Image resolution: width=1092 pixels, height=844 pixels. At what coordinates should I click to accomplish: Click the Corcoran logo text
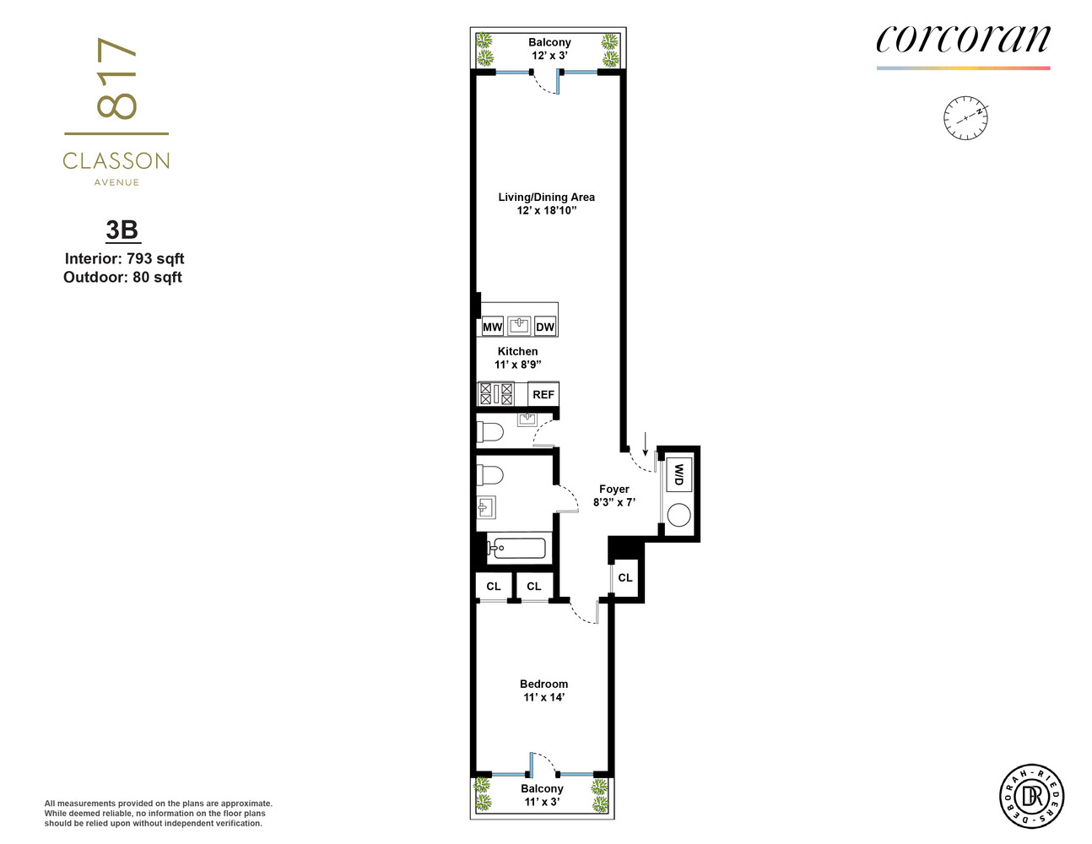click(963, 39)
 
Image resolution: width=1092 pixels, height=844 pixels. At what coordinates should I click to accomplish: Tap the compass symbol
click(965, 118)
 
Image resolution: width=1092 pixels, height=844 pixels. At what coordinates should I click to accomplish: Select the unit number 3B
click(122, 230)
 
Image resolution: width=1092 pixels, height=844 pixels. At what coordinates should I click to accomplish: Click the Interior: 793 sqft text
click(124, 259)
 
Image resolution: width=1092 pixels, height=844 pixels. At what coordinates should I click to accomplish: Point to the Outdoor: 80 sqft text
click(122, 278)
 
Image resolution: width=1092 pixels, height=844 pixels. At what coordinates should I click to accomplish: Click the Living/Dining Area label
click(546, 203)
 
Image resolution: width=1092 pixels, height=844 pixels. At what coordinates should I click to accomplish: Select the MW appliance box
click(492, 327)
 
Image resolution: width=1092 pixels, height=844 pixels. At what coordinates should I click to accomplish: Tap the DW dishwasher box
click(545, 327)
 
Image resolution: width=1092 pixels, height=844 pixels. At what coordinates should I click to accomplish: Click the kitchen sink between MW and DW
click(518, 325)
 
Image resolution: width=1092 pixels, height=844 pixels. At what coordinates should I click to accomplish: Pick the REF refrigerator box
click(543, 394)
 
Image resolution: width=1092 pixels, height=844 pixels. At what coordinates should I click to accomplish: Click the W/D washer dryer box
click(678, 475)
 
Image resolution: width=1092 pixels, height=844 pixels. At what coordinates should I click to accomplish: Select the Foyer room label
click(614, 495)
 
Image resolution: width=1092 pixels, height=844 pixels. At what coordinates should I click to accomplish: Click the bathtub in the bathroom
click(516, 549)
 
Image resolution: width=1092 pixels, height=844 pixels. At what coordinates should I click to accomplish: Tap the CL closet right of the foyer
click(625, 578)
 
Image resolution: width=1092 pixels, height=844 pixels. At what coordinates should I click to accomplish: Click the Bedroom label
click(543, 690)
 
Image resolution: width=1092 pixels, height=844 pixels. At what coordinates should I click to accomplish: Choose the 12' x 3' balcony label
click(549, 49)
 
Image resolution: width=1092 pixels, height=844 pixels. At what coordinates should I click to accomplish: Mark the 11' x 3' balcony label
click(542, 795)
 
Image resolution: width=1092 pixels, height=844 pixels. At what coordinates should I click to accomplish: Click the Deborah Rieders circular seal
click(1031, 796)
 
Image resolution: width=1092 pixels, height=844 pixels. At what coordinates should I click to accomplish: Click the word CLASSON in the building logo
click(116, 160)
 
